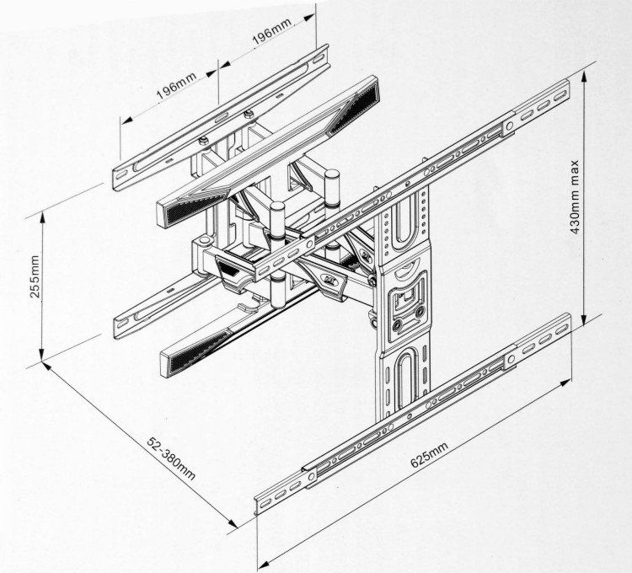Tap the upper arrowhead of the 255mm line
(x=40, y=212)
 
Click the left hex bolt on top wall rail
(x=203, y=139)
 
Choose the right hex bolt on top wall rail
(x=248, y=115)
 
